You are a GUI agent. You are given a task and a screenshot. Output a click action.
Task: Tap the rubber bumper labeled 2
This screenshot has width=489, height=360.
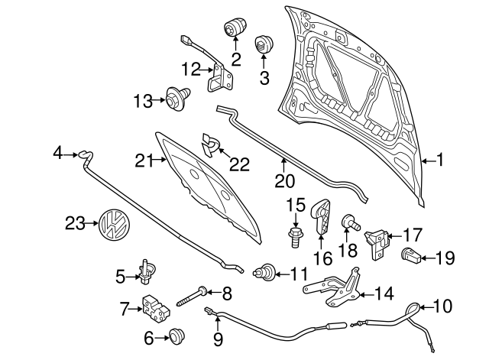232,29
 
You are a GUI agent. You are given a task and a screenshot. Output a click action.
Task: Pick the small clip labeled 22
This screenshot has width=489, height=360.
209,140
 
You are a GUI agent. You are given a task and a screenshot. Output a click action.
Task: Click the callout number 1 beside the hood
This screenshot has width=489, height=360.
439,161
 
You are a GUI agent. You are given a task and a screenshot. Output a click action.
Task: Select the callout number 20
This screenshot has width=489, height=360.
283,182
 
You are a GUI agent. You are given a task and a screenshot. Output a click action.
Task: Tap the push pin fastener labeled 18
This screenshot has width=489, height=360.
351,223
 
